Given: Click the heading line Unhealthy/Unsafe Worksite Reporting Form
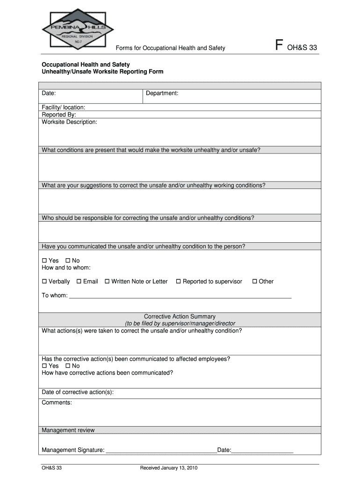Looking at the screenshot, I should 102,72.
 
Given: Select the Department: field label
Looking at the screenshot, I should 162,94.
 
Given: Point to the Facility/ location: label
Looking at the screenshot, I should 64,108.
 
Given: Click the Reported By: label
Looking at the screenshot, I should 59,115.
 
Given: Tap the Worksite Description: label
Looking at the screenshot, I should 70,122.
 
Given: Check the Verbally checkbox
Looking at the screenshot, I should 45,282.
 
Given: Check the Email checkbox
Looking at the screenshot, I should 79,282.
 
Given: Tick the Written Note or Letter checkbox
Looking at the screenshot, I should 107,282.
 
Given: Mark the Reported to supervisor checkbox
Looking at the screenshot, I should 178,282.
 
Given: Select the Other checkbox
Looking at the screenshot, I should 255,282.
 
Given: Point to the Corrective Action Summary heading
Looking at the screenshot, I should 180,317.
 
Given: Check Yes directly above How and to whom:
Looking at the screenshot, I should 45,261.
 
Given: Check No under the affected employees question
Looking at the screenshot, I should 68,366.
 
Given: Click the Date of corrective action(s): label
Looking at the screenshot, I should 78,392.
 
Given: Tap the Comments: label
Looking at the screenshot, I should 57,402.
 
